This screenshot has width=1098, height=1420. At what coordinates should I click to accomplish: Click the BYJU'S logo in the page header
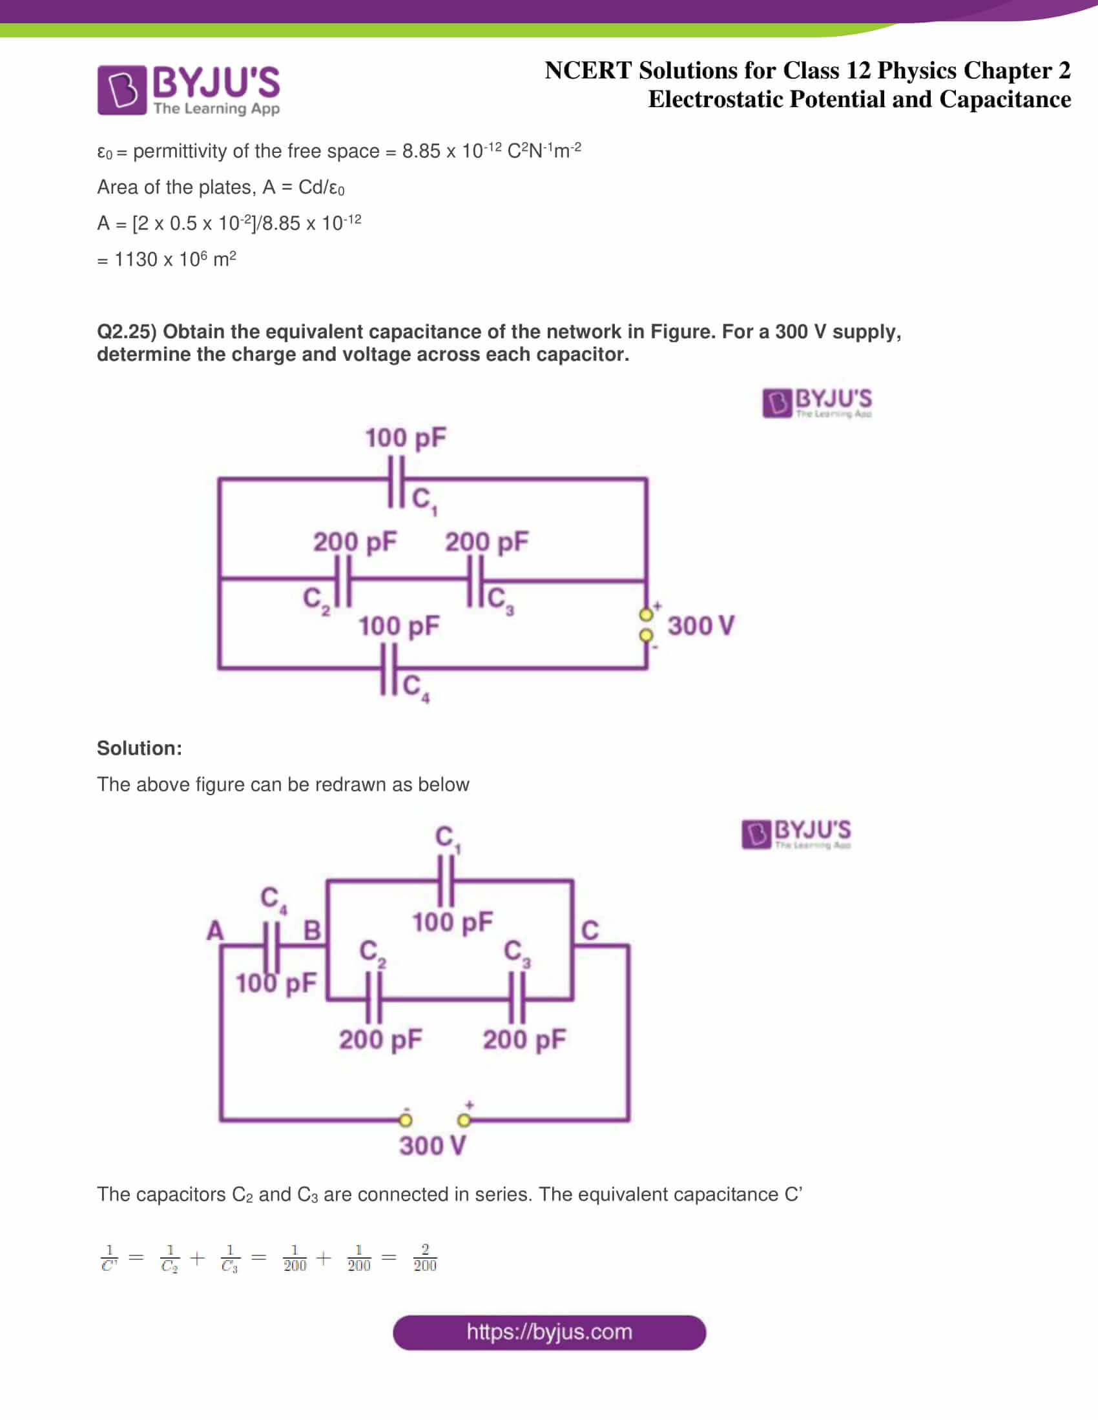tap(189, 90)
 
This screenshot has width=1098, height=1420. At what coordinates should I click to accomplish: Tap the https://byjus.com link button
tap(549, 1332)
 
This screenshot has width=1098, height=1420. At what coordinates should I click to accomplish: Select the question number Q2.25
tap(127, 332)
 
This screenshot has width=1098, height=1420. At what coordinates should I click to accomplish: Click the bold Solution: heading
tap(140, 748)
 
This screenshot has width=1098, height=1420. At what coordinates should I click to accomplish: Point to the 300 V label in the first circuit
tap(701, 625)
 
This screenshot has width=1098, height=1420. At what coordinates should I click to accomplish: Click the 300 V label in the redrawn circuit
tap(433, 1146)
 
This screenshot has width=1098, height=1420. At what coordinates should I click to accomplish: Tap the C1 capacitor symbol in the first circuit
tap(396, 481)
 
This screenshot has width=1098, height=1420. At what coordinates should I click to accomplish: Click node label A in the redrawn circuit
tap(214, 930)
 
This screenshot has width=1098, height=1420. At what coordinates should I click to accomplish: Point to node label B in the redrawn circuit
tap(312, 930)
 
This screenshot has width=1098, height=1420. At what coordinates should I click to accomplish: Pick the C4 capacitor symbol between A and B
tap(271, 948)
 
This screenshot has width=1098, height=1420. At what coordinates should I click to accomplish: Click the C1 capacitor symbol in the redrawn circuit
tap(446, 882)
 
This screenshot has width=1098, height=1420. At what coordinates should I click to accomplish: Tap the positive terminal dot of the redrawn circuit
tap(464, 1120)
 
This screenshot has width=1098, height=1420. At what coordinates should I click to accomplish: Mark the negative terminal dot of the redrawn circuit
tap(405, 1120)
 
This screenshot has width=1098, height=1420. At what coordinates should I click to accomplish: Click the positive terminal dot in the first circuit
tap(645, 614)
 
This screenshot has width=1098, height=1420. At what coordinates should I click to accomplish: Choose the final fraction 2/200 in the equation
tap(425, 1258)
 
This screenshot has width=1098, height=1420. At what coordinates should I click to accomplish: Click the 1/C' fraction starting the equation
tap(109, 1258)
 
